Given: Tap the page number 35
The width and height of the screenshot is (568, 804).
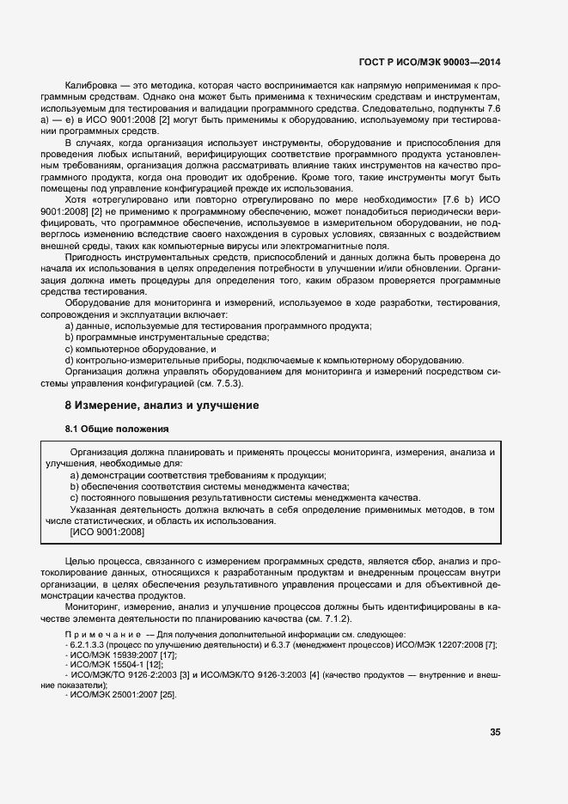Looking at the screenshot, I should (494, 733).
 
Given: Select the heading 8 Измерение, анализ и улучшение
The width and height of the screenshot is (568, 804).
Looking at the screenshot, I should (162, 405).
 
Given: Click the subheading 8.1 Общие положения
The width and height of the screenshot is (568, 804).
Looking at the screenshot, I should (117, 429).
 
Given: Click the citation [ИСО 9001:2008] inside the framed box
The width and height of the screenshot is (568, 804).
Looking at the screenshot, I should (107, 532).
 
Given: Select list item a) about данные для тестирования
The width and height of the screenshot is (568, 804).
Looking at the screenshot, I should (218, 326).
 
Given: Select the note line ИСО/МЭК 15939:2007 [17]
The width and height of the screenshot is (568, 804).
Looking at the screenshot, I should (121, 655).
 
